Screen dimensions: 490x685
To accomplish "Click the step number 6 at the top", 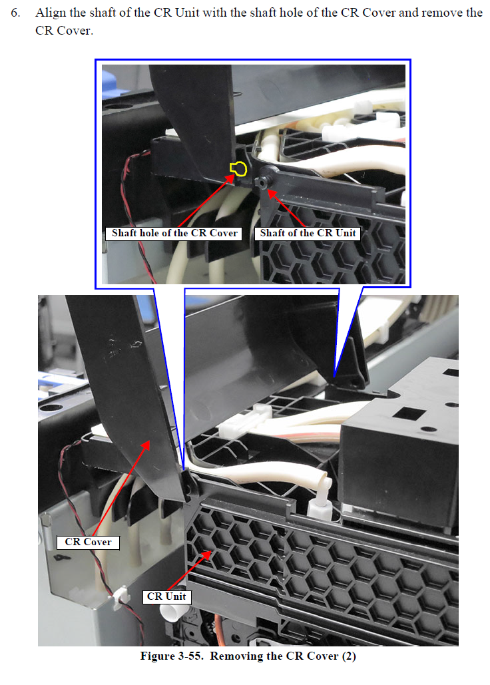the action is [x=15, y=13].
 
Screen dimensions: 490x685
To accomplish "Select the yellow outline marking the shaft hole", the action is [x=238, y=168].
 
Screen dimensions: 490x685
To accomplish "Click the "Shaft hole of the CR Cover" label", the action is [x=174, y=233].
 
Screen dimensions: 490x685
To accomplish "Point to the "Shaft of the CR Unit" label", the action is [x=308, y=233].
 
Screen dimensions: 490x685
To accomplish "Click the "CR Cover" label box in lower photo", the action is [x=88, y=542].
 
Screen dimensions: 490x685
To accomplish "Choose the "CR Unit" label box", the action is [x=166, y=596].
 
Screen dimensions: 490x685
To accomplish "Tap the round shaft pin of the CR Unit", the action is [x=261, y=183].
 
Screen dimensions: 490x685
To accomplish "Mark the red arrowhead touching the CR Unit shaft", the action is [x=272, y=194].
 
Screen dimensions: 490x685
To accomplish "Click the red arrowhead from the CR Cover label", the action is [x=145, y=445].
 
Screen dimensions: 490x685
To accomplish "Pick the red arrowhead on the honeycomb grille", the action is [x=206, y=555].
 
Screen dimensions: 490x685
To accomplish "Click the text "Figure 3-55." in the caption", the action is [x=172, y=656].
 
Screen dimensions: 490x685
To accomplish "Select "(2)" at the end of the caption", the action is [x=349, y=656].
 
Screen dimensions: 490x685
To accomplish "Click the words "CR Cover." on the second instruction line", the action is [x=64, y=31].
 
